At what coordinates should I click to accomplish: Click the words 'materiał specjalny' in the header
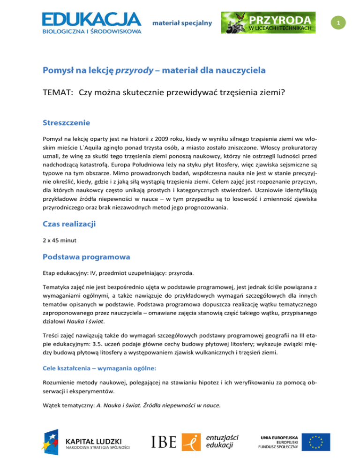pos(183,23)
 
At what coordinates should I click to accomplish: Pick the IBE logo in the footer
pos(164,442)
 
